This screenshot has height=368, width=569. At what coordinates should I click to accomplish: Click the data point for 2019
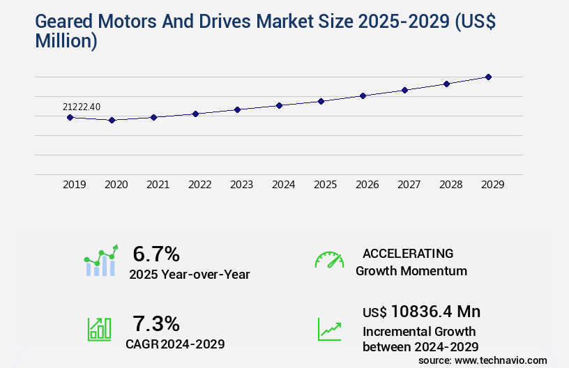pyautogui.click(x=70, y=117)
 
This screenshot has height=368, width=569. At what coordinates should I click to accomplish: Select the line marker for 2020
pyautogui.click(x=112, y=120)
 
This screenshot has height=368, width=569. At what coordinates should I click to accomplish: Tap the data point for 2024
pyautogui.click(x=279, y=105)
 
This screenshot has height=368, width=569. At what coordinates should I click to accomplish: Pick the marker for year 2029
pyautogui.click(x=488, y=77)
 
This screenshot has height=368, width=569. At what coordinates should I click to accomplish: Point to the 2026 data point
pyautogui.click(x=363, y=95)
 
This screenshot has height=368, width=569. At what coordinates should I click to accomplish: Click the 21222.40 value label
pyautogui.click(x=82, y=107)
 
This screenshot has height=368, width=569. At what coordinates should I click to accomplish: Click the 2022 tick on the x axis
pyautogui.click(x=199, y=185)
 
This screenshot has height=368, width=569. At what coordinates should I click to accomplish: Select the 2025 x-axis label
pyautogui.click(x=325, y=185)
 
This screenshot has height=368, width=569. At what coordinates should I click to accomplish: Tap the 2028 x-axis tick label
pyautogui.click(x=450, y=185)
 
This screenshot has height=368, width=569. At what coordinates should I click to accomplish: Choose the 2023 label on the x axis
pyautogui.click(x=241, y=185)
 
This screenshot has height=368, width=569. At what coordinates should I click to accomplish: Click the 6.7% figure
pyautogui.click(x=156, y=254)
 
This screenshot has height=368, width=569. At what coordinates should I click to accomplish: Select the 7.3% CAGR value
pyautogui.click(x=156, y=323)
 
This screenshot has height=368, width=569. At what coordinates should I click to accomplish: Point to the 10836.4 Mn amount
pyautogui.click(x=435, y=312)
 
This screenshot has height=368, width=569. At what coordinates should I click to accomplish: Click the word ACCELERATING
pyautogui.click(x=408, y=253)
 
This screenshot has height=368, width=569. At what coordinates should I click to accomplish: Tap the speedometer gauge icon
pyautogui.click(x=329, y=260)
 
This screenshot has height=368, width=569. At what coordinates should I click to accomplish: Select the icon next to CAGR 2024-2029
pyautogui.click(x=99, y=329)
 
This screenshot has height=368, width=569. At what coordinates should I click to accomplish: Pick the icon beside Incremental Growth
pyautogui.click(x=329, y=329)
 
